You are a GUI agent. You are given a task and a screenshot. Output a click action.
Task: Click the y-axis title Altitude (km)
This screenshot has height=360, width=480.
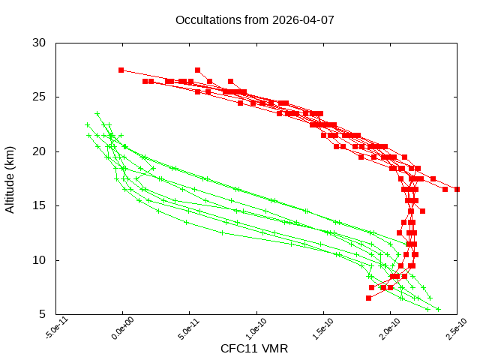(10, 178)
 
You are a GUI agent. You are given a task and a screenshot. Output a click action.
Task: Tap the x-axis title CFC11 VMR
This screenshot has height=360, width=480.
(254, 349)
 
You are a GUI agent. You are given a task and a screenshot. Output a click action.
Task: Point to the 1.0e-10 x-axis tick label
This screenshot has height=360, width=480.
(255, 331)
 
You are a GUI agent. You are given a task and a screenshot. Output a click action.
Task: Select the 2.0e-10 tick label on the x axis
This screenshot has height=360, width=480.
(388, 331)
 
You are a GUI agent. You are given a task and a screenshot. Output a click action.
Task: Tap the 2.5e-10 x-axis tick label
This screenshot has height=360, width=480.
(455, 331)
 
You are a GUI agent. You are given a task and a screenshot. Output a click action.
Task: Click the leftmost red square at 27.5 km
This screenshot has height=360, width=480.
(121, 70)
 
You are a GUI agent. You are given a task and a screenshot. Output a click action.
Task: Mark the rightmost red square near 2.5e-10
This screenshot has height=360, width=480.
(457, 189)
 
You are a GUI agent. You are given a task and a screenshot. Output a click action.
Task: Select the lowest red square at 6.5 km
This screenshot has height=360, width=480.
(368, 298)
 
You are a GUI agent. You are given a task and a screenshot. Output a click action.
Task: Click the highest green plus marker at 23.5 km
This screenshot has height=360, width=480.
(97, 113)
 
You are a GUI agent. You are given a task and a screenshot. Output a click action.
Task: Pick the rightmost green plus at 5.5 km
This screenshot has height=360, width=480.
(439, 309)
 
